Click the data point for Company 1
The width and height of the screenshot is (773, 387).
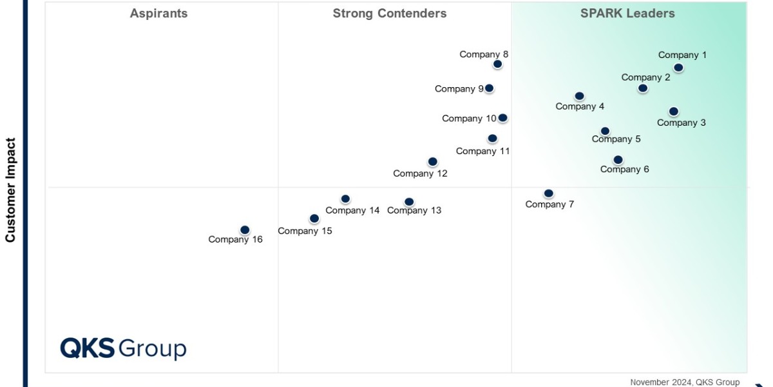click(x=678, y=68)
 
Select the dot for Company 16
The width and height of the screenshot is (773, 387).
click(x=245, y=230)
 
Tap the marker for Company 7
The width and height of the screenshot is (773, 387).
click(x=548, y=193)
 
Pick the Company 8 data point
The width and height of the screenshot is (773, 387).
click(x=497, y=64)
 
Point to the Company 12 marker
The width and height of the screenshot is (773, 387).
click(x=433, y=162)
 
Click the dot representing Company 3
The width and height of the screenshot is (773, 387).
click(x=673, y=112)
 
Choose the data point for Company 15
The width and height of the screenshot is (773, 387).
click(x=314, y=219)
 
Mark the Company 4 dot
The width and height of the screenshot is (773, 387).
click(x=579, y=96)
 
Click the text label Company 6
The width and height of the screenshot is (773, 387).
click(x=624, y=170)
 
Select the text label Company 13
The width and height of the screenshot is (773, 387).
click(x=414, y=210)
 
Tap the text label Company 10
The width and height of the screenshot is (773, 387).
click(x=469, y=119)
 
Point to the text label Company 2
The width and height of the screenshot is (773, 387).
click(x=645, y=77)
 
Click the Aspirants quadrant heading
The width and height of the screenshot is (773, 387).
click(x=158, y=14)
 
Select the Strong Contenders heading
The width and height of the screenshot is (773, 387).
click(x=389, y=14)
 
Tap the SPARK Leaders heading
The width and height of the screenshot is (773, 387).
click(x=627, y=14)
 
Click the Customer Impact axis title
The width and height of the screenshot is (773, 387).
click(x=10, y=190)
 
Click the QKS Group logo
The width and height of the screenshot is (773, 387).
click(x=123, y=348)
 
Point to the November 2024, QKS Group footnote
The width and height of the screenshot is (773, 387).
click(x=684, y=382)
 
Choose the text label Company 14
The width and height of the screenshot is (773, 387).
click(x=352, y=210)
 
